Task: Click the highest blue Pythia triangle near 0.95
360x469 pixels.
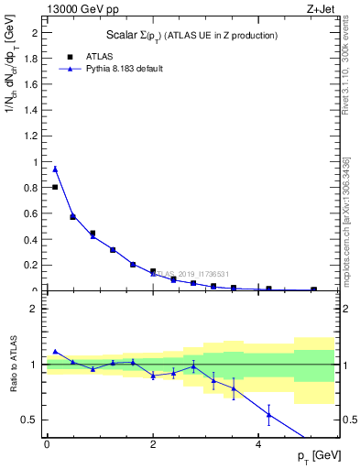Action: pos(55,169)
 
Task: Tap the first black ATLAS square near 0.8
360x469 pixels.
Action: pos(55,187)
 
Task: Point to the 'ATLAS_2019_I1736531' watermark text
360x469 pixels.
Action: pos(180,273)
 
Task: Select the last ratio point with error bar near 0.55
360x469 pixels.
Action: pos(269,415)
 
